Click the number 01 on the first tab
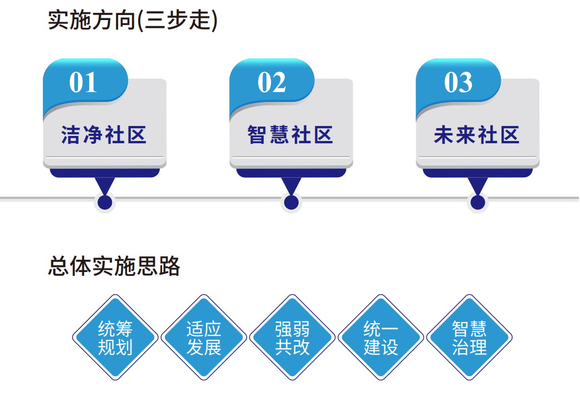[x=83, y=83]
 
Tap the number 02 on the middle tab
[x=271, y=83]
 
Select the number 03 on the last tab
[x=458, y=83]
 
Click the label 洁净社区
[x=104, y=135]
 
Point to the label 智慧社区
[x=290, y=135]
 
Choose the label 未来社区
[x=476, y=135]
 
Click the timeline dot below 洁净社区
[x=105, y=202]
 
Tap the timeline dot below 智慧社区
[x=291, y=202]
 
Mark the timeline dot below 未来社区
[x=477, y=202]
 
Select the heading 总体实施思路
[x=114, y=266]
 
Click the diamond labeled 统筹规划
[x=115, y=337]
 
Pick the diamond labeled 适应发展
[x=203, y=337]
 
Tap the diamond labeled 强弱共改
[x=292, y=337]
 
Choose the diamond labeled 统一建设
[x=381, y=337]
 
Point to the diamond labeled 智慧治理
[x=469, y=337]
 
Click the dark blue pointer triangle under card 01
[x=105, y=185]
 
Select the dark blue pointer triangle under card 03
[x=477, y=185]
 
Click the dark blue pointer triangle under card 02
[x=291, y=185]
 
